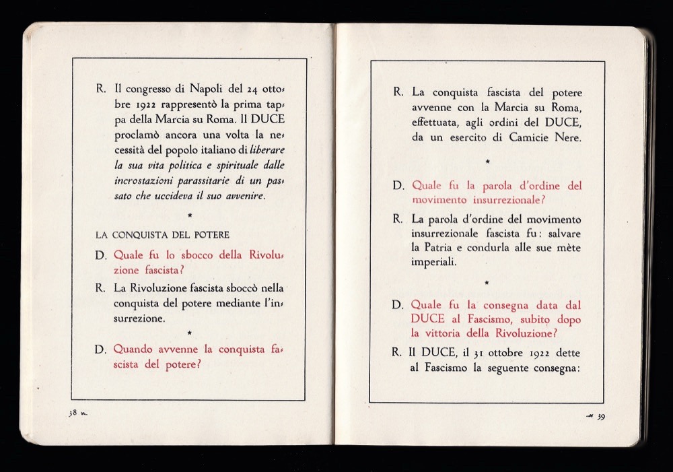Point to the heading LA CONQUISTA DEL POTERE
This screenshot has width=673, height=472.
point(162,235)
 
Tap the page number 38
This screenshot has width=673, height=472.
point(73,413)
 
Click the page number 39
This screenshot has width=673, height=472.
point(601,416)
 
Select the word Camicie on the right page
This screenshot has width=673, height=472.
point(532,138)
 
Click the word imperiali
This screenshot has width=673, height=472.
point(435,262)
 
